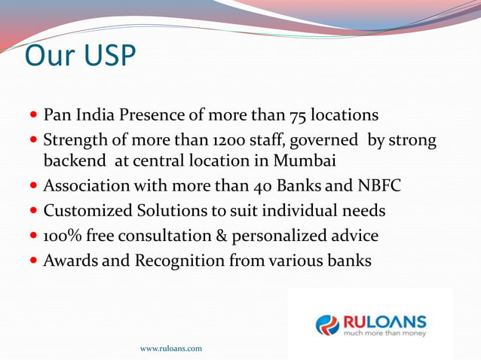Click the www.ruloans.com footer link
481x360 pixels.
[170, 349]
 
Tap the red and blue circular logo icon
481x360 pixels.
[328, 325]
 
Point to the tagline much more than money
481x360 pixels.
[384, 333]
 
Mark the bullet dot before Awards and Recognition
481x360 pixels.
[34, 262]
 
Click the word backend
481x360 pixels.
[75, 162]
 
